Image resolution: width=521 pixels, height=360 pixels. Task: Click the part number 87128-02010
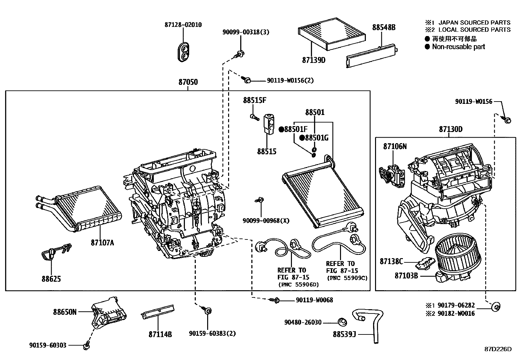(x=183, y=25)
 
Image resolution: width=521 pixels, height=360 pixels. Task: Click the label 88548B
(x=384, y=28)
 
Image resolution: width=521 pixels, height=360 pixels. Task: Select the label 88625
(x=51, y=279)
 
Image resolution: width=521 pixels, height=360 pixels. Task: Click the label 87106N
(x=395, y=146)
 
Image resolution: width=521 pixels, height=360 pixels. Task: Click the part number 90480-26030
(x=303, y=322)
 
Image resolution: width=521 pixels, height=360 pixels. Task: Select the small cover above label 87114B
(x=157, y=312)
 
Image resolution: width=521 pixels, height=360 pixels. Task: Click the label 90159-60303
(x=47, y=345)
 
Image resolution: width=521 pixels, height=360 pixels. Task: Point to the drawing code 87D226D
(x=498, y=349)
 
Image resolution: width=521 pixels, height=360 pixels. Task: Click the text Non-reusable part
(x=458, y=47)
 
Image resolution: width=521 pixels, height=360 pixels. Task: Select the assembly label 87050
(x=188, y=82)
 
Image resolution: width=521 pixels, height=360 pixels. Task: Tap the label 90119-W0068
(x=314, y=300)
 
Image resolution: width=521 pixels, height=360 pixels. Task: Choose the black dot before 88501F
(x=281, y=129)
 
